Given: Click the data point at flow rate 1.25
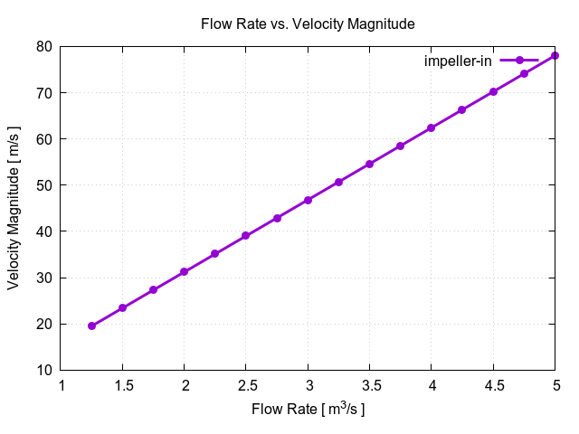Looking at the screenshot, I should point(91,325).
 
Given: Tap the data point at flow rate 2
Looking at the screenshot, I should point(185,271).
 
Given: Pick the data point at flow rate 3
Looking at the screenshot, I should point(308,200).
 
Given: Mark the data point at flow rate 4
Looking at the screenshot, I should point(432,127).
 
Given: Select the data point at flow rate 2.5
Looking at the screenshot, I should point(246,236).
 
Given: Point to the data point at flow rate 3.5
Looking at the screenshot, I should point(369,164).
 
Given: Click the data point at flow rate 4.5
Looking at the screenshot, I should point(493,91).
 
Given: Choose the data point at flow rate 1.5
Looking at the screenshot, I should point(122,308).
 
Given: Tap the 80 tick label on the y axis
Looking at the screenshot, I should point(43,46).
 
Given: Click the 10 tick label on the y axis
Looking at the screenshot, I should point(43,370).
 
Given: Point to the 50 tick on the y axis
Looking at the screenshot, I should point(43,185).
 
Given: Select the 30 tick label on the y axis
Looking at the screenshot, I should point(43,278).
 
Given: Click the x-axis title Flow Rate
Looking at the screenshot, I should point(308,409).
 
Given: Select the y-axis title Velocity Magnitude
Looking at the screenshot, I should point(14,208).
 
